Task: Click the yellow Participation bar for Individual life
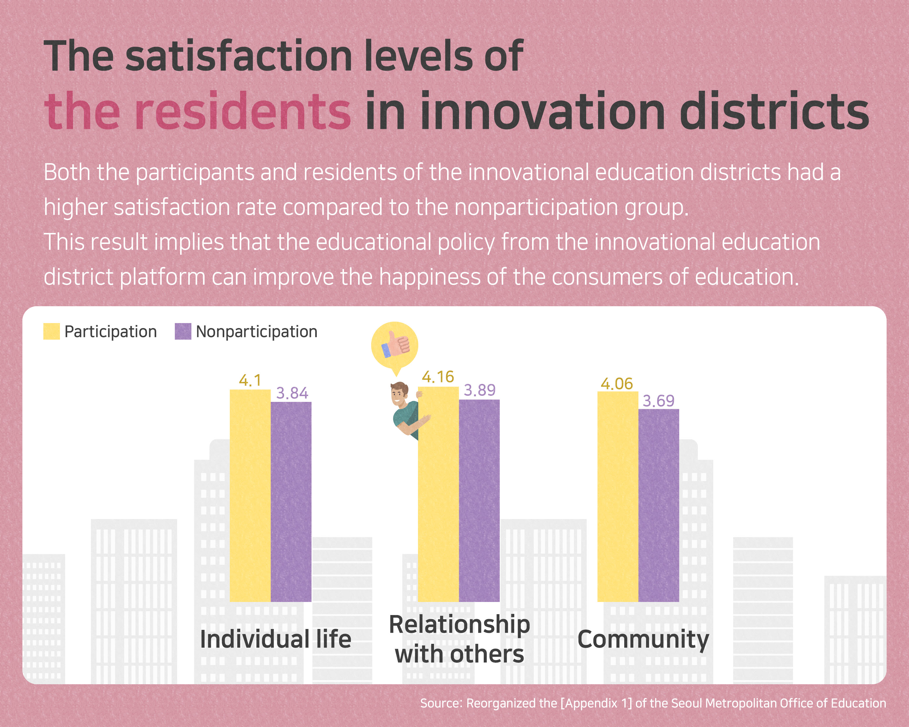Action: click(250, 495)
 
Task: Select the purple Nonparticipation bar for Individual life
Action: click(291, 502)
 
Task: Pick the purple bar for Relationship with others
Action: click(479, 500)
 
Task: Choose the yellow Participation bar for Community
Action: click(618, 496)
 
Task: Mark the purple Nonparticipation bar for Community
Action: click(659, 505)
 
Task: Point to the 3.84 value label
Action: click(292, 393)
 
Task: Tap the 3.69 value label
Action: click(658, 401)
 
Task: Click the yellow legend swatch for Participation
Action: click(51, 331)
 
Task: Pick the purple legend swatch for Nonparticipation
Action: click(183, 331)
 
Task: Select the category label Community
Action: click(643, 640)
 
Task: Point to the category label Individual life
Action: click(275, 639)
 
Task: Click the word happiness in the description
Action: click(430, 277)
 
